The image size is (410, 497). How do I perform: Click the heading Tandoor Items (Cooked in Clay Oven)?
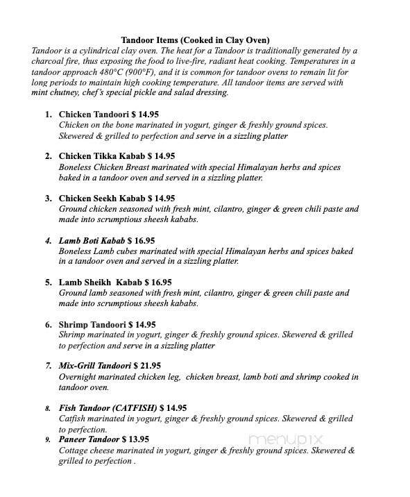coord(195,40)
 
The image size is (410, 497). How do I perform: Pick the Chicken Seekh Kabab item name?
coord(101,198)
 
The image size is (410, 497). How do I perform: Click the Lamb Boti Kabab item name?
coord(92,240)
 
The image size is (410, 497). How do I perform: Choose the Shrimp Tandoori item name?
coord(92,324)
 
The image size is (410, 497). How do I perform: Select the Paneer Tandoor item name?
coord(89,439)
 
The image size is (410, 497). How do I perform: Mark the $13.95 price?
coord(135,439)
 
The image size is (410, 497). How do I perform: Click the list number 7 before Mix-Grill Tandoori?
coord(49,366)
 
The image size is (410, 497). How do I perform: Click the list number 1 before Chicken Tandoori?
coord(48,114)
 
